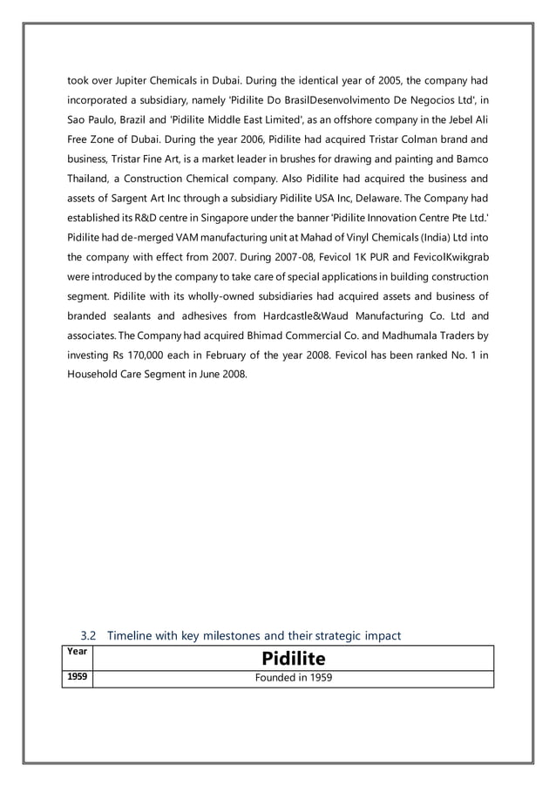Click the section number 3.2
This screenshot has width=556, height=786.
(88, 636)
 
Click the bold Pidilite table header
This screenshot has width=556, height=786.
(293, 659)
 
